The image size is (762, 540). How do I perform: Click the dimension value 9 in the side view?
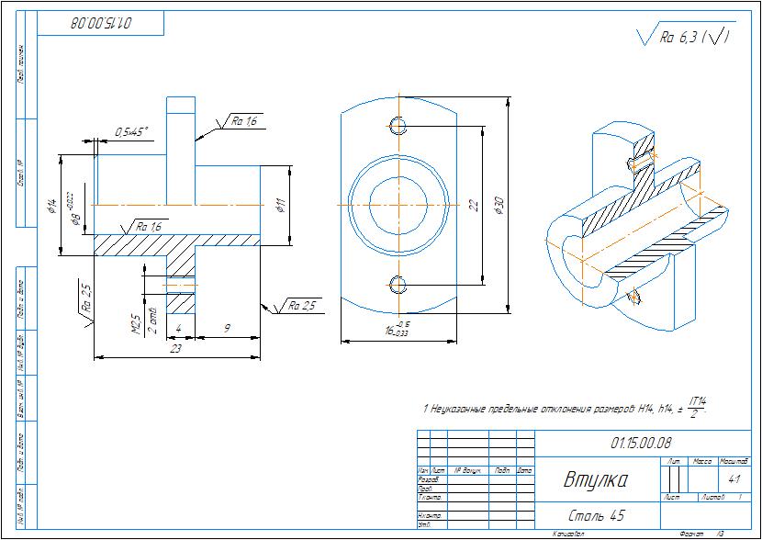(226, 326)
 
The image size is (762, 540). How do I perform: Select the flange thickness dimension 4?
(178, 326)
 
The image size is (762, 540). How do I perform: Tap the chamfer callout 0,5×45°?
(132, 132)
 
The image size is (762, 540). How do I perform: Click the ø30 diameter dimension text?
(499, 206)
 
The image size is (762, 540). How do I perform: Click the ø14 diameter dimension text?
(52, 206)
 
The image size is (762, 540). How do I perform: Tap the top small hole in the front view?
(397, 125)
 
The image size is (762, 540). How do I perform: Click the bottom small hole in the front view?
(397, 282)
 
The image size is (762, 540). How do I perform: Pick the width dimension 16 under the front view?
(390, 331)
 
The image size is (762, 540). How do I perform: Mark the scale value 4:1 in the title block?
(734, 479)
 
